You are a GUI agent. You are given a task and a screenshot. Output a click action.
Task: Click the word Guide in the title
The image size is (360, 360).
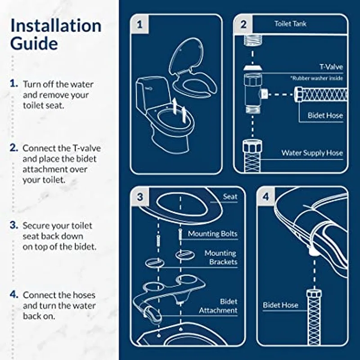34,44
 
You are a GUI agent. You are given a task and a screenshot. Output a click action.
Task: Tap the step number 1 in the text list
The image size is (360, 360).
14,84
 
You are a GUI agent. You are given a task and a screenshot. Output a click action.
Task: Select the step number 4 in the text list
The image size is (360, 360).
14,295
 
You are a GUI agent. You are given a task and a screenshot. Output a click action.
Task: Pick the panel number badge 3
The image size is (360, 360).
139,197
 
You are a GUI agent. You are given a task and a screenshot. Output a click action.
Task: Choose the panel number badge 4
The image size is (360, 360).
266,197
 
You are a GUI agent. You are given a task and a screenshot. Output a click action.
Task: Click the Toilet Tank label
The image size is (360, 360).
290,24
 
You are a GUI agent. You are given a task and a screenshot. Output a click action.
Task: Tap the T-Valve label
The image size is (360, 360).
331,67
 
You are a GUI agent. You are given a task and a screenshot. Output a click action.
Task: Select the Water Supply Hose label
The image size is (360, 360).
312,153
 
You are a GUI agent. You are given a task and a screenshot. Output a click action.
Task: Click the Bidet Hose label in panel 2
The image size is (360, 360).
325,116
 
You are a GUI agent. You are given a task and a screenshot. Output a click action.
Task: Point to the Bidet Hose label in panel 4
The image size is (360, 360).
280,305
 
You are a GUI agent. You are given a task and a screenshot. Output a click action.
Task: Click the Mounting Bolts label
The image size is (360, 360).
212,234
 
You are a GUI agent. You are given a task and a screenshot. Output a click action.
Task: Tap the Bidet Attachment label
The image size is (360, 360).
218,306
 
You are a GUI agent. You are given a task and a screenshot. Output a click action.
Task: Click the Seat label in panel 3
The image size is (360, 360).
230,197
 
